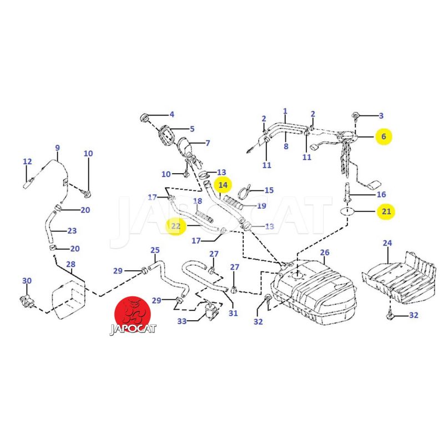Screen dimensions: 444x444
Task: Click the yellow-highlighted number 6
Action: pos(383,135)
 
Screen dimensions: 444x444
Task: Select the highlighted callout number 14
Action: pos(223,184)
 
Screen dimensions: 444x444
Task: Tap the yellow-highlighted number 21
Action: pos(386,211)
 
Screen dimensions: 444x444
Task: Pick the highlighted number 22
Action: pos(176,226)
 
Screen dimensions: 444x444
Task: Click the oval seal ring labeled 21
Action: pos(347,211)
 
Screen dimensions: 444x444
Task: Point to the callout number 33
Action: pos(182,321)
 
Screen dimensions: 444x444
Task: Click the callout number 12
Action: pos(27,162)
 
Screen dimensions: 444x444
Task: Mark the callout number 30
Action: pos(27,281)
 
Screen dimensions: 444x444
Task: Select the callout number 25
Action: pos(155,250)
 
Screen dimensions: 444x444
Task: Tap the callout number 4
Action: pos(172,114)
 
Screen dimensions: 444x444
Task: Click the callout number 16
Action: pos(381,194)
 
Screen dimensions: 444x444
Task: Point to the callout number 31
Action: pos(233,313)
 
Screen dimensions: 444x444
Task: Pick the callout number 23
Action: pos(72,231)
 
